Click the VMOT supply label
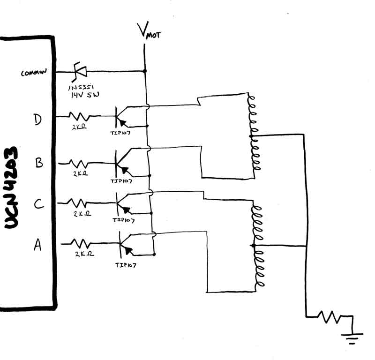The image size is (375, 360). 149,31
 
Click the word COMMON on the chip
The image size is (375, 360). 33,73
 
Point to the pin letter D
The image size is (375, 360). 38,120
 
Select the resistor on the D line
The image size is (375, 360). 78,115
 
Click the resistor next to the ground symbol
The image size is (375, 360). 331,317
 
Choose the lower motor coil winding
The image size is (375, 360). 257,246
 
